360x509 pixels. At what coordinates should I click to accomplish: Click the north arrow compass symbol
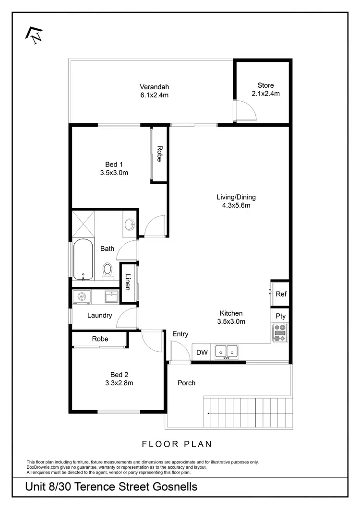(x=35, y=34)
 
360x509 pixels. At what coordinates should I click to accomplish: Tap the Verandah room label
(x=154, y=87)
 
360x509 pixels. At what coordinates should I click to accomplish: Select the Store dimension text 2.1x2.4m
(x=265, y=94)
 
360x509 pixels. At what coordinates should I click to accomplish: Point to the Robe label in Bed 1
(x=159, y=154)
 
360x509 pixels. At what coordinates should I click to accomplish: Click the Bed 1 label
(x=114, y=165)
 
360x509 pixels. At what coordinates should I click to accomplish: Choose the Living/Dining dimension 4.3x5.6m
(x=236, y=205)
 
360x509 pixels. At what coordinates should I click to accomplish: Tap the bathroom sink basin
(x=129, y=224)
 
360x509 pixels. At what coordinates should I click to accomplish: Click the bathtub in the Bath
(x=84, y=260)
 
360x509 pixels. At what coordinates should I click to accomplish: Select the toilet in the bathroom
(x=108, y=270)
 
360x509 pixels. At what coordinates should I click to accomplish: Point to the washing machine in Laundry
(x=82, y=297)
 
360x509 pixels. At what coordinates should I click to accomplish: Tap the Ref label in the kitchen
(x=281, y=294)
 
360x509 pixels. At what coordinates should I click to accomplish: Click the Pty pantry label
(x=281, y=316)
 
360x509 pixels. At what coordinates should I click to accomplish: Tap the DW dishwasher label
(x=202, y=353)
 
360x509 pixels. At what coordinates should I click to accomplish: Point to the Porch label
(x=186, y=383)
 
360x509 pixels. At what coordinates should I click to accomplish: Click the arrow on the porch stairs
(x=208, y=413)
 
